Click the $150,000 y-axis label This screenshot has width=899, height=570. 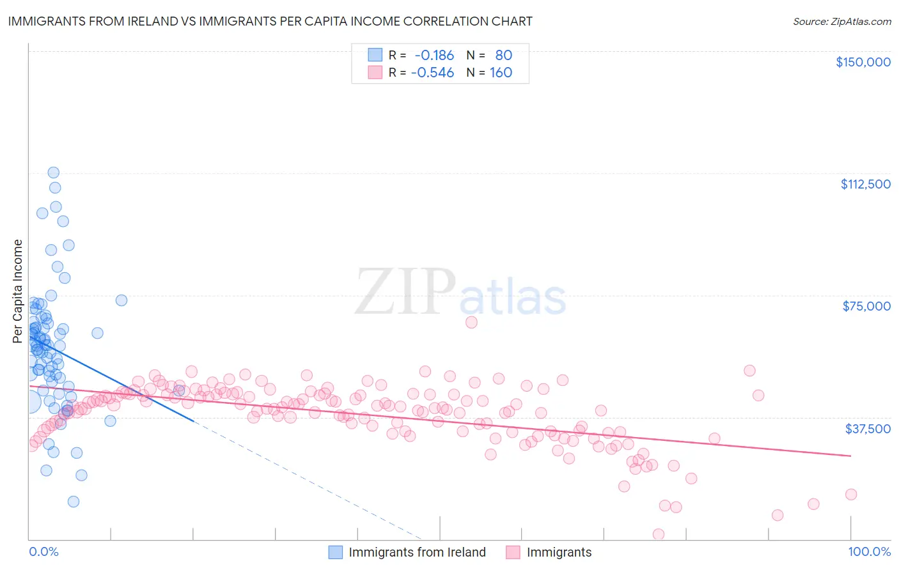coord(863,62)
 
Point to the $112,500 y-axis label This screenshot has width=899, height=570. coord(865,184)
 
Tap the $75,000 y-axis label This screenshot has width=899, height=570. coord(866,306)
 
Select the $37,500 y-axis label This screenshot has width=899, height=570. coord(868,429)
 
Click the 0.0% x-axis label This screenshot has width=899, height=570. coord(43,551)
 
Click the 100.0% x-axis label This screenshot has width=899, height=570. coord(869,551)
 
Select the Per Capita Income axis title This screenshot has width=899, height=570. coord(17,291)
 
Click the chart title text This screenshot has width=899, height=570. coord(270,21)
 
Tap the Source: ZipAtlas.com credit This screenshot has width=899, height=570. coord(841,21)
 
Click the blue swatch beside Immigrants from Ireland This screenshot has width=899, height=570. coord(336,552)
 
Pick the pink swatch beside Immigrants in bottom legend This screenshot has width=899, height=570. coord(513,552)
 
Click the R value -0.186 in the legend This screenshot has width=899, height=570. coord(434,55)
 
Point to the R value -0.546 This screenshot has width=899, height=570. coord(432,72)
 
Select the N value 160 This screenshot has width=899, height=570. coord(501,72)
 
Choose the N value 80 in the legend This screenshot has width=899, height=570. coord(503,55)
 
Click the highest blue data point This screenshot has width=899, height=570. coord(54,173)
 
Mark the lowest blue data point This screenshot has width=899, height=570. coord(74,502)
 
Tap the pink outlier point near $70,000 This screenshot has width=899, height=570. coord(471,322)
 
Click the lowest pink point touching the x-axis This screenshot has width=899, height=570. coord(658,534)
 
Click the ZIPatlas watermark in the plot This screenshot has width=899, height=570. coord(460,293)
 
